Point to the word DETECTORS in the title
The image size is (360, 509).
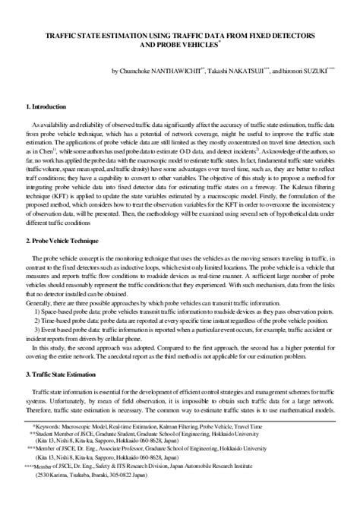pos(290,36)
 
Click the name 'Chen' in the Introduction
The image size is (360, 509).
pos(47,152)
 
